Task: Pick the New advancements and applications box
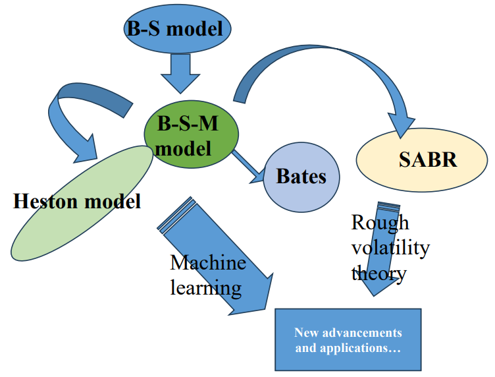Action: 348,339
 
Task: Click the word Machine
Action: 208,263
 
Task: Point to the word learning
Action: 205,287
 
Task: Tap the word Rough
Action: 380,223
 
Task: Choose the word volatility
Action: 390,248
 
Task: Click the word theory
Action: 378,272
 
